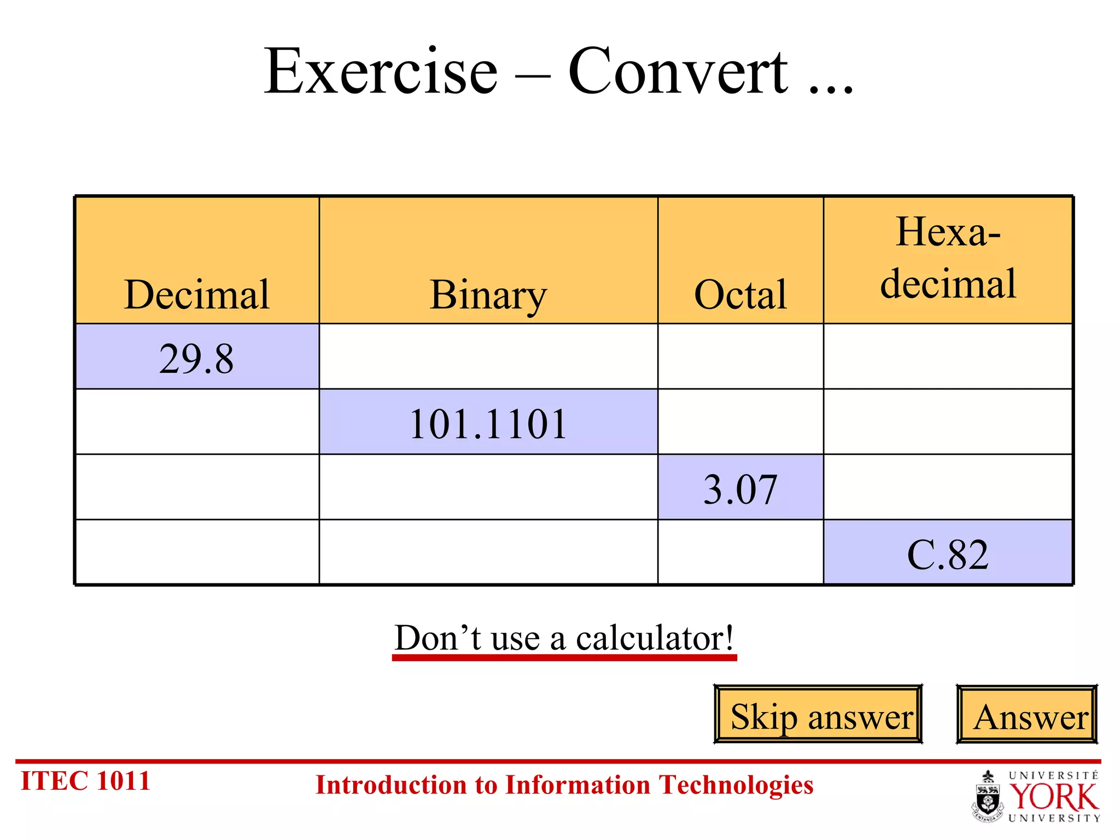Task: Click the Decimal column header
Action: tap(197, 295)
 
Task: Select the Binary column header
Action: tap(488, 295)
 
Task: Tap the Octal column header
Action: tap(740, 295)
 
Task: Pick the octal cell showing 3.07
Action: tap(740, 488)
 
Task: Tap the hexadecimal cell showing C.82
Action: tap(948, 554)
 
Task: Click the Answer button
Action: tap(1027, 715)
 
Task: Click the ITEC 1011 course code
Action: tap(85, 781)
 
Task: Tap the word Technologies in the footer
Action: tap(736, 785)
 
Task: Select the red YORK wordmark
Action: tap(1053, 797)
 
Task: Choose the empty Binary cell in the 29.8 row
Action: tap(488, 357)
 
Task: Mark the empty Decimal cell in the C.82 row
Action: tap(197, 552)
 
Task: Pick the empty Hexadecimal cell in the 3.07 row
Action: tap(948, 487)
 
